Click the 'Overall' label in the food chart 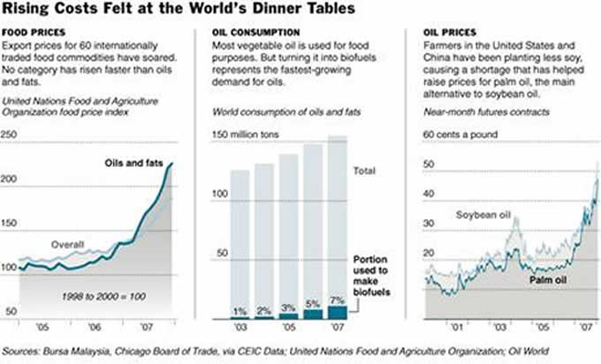click(67, 244)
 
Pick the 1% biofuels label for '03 click(239, 312)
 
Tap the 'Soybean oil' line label click(483, 216)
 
